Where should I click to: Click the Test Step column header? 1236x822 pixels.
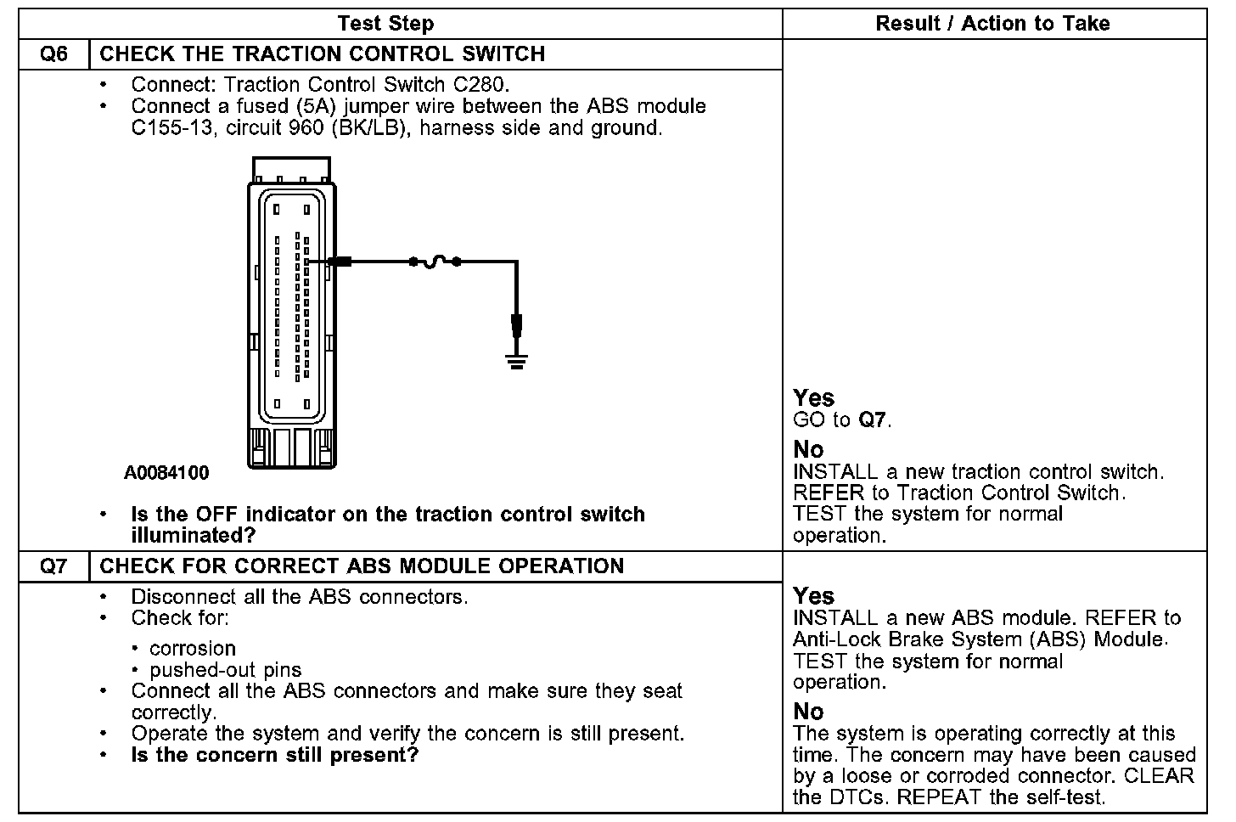pos(385,24)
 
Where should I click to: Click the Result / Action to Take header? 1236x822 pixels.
pos(992,24)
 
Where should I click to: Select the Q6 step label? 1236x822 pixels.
pos(53,54)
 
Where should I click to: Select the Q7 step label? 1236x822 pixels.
pos(53,566)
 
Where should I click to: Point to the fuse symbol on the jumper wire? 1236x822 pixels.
pos(435,262)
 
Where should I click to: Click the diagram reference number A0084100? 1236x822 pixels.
pos(166,473)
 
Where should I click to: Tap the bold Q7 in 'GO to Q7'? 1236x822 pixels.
pos(874,420)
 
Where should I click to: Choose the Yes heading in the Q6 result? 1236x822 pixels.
pos(813,398)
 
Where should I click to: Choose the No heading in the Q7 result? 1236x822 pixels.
pos(808,712)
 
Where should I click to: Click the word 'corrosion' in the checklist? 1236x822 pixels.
pos(193,650)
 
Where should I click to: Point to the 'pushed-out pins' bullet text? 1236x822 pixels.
pos(225,671)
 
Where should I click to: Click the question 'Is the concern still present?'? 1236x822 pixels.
pos(275,756)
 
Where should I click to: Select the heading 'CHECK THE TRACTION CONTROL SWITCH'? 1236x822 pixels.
pos(323,54)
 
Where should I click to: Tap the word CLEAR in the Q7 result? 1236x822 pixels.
pos(1159,776)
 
